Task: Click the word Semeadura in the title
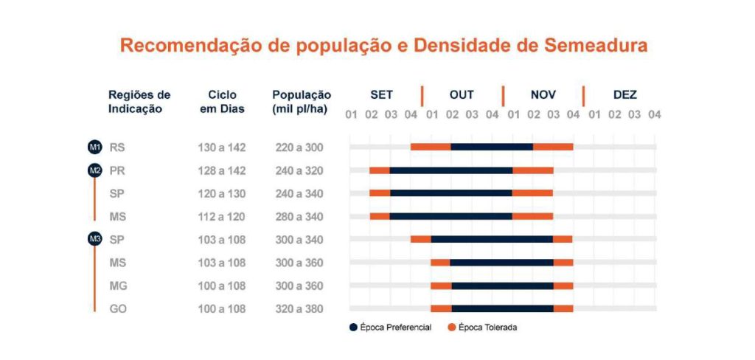tap(596, 45)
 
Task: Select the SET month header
tap(381, 95)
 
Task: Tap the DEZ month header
tap(624, 95)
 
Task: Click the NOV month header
tap(543, 95)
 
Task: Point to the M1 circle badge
tap(94, 148)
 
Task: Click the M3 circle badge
tap(94, 239)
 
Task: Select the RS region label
tap(117, 148)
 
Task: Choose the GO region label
tap(118, 309)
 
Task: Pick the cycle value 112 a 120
tap(221, 217)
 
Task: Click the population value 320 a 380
tap(299, 309)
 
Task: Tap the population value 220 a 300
tap(299, 148)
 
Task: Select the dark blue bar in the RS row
tap(492, 147)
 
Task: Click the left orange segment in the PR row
tap(380, 170)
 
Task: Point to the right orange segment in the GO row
tap(563, 308)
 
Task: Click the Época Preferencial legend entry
tap(390, 327)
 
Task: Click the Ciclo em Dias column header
tap(222, 102)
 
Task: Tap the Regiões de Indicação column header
tap(139, 102)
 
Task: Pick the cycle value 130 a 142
tap(221, 148)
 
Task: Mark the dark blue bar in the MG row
tap(502, 285)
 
